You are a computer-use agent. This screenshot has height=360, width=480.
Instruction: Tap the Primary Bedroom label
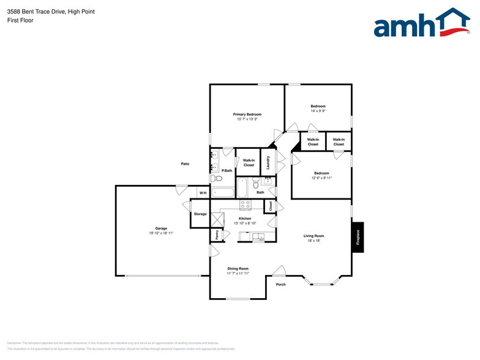(247, 114)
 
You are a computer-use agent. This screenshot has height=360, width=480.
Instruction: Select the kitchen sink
(259, 236)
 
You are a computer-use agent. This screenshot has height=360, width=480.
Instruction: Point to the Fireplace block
(358, 236)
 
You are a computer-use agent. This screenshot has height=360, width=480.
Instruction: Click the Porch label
(280, 284)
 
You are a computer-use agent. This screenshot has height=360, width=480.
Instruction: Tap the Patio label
(184, 163)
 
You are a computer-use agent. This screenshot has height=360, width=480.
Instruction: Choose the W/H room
(203, 193)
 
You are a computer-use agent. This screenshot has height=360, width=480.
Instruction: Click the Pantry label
(217, 233)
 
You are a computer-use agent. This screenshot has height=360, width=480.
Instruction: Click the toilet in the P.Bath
(216, 179)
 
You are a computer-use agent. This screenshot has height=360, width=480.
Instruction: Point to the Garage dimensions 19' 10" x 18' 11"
(161, 233)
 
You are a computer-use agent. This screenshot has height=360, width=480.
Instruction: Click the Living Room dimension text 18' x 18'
(313, 241)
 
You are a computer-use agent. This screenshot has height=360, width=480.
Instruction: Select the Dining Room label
(238, 268)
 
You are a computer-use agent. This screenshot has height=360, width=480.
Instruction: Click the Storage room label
(200, 214)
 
